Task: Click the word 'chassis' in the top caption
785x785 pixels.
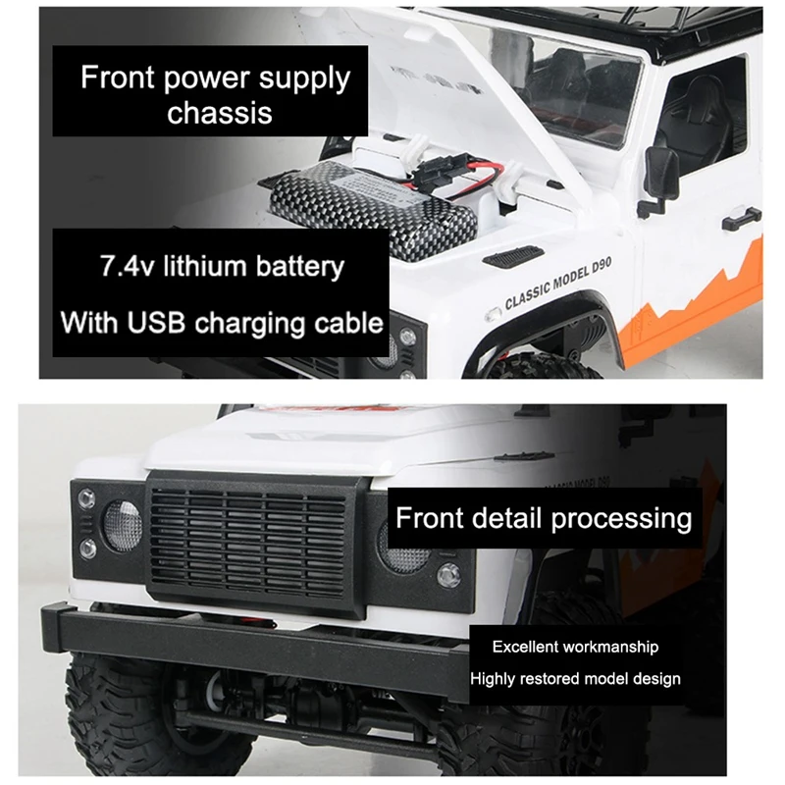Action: [x=220, y=112]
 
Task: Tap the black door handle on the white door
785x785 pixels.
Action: [x=741, y=218]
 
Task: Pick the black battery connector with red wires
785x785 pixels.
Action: [x=447, y=177]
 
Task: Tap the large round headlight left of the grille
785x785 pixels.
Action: [x=123, y=524]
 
